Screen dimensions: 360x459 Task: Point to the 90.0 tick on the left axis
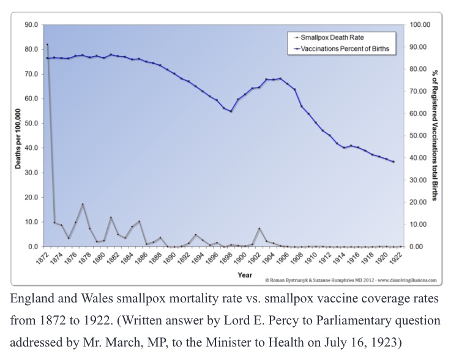coord(30,24)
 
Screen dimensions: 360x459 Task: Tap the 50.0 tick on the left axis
coord(30,123)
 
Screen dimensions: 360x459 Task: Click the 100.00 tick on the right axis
coord(419,24)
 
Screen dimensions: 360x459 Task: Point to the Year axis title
coord(244,275)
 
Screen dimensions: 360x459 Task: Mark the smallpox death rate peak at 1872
coord(47,45)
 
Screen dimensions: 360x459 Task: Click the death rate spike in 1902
coord(259,228)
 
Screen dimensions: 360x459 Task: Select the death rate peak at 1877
coord(83,204)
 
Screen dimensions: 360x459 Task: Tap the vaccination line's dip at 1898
coord(231,111)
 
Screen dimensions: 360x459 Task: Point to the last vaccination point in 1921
coord(393,162)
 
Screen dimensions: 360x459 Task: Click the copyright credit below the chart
coord(351,280)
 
